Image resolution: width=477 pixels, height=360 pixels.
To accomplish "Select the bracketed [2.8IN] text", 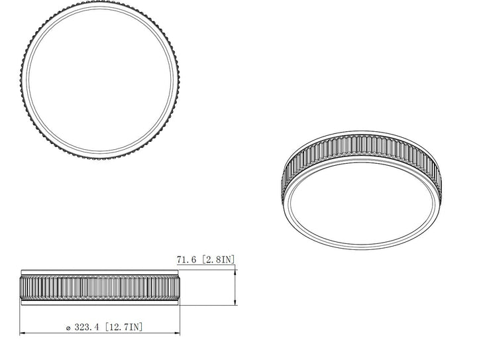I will tap(219, 260).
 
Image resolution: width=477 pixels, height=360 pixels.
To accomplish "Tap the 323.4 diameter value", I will tap(87, 326).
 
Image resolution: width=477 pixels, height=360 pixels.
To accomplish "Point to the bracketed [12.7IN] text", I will tap(123, 326).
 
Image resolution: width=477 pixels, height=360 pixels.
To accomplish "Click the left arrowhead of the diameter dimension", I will tap(24, 333).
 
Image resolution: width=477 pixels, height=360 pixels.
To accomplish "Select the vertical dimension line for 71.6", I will tap(237, 288).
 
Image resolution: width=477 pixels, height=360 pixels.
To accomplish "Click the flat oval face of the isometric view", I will tap(361, 209).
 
